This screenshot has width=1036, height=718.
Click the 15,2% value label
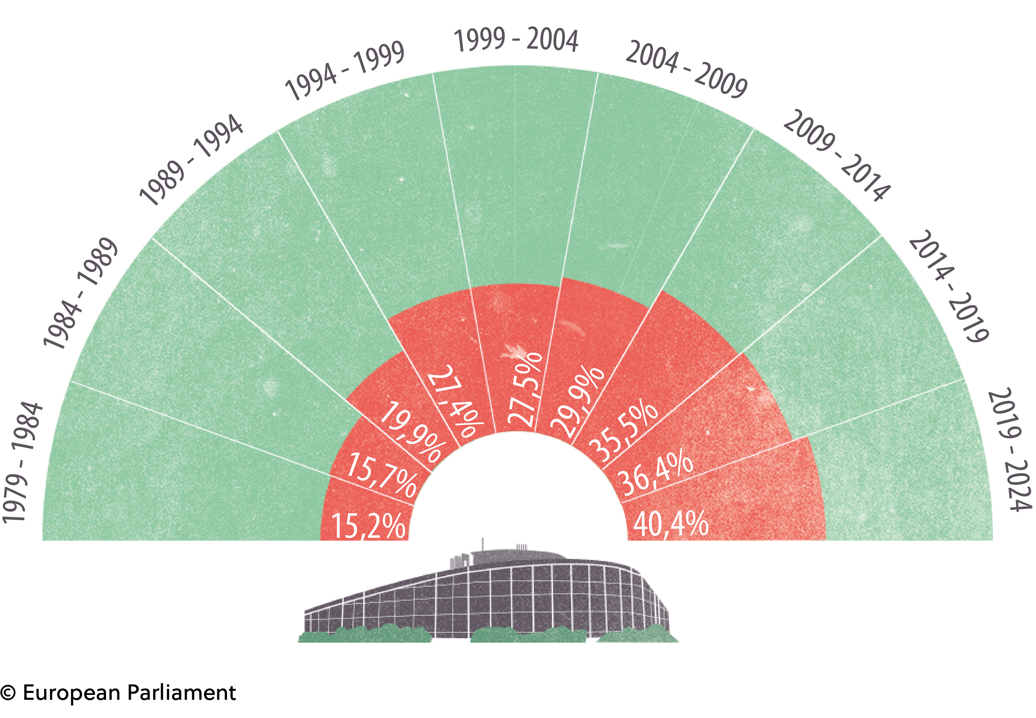368,525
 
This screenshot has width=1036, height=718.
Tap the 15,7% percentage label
382,474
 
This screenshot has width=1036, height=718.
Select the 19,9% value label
412,432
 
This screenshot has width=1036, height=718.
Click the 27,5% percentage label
525,390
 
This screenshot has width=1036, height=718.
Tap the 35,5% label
622,432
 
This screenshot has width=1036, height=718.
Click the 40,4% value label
670,524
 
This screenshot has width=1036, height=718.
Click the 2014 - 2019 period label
948,286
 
